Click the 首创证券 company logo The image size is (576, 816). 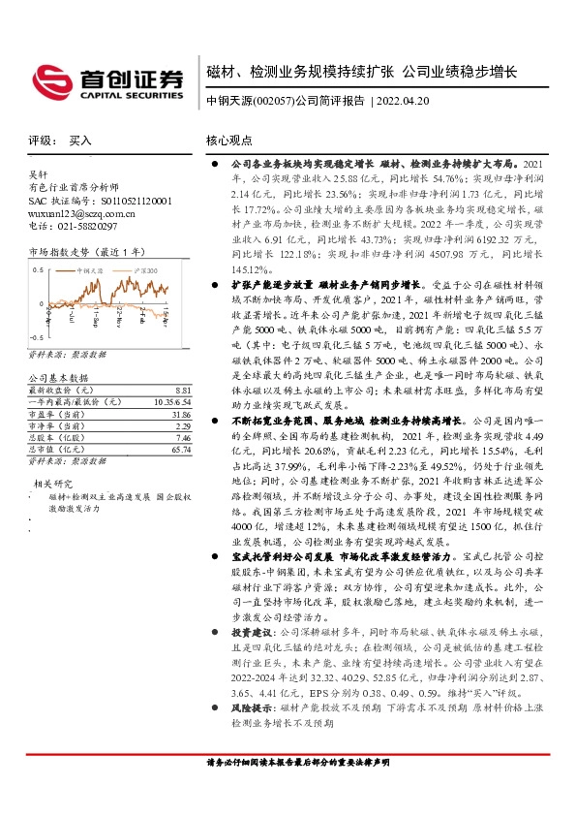(108, 80)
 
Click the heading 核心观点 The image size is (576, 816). (229, 140)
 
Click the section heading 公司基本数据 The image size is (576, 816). (58, 349)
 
